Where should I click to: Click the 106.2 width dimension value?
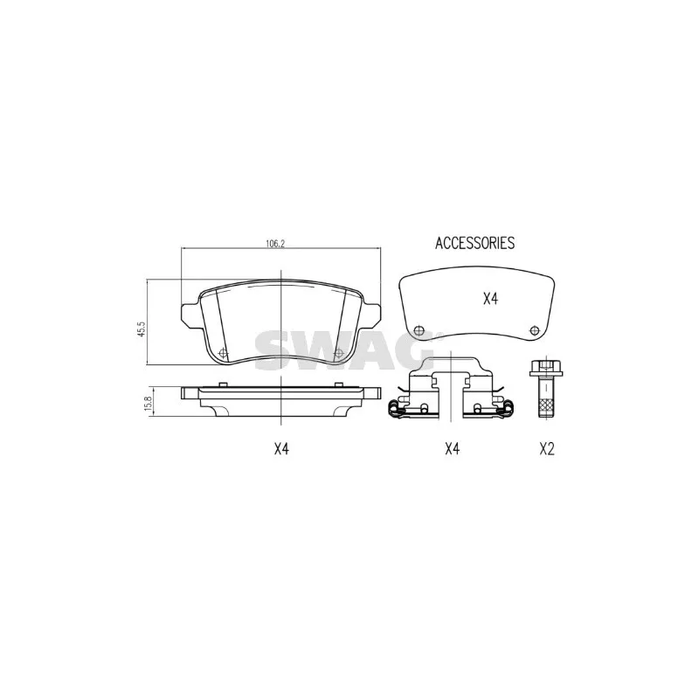(275, 244)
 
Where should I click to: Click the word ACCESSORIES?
(474, 243)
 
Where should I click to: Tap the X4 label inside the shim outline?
(490, 299)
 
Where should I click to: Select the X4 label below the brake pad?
(281, 448)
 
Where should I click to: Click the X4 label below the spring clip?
(452, 448)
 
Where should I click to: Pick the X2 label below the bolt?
(547, 448)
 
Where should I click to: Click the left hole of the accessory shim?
(419, 331)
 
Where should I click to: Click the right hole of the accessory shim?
(534, 330)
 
